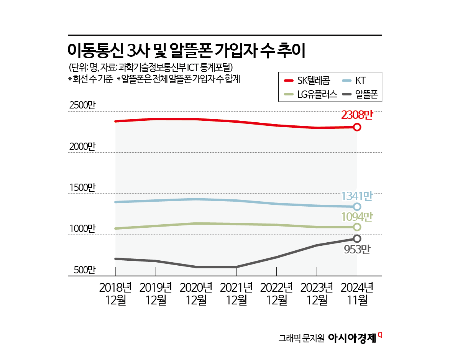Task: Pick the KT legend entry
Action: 360,81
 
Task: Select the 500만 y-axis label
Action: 82,270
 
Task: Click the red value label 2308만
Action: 357,115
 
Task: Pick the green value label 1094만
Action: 357,217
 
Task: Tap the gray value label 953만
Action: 357,250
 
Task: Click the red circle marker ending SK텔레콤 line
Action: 357,127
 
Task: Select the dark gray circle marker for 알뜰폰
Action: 357,238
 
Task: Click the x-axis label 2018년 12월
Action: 115,293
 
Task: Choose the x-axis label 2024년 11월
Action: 357,293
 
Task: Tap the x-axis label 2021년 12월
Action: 236,293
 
